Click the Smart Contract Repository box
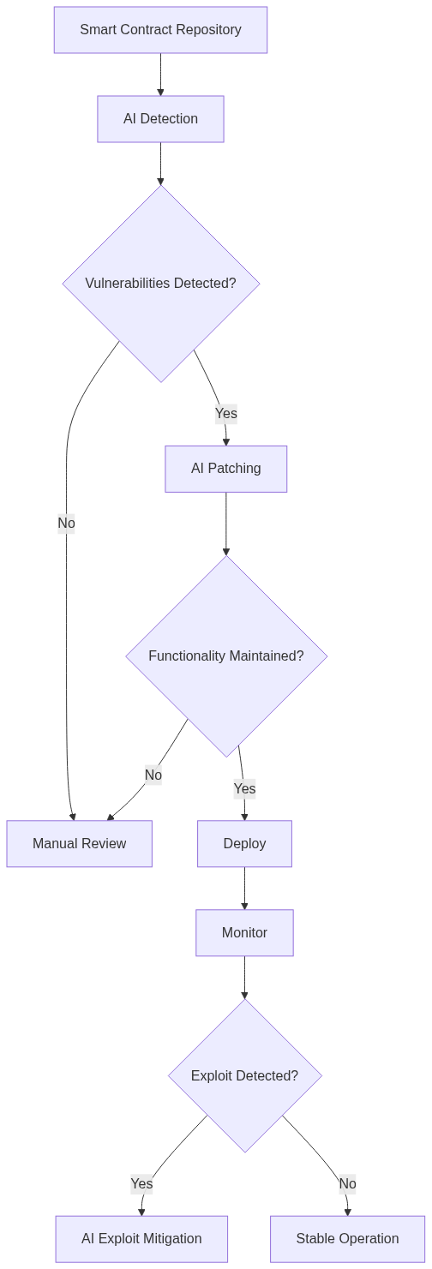coord(160,30)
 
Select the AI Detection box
coord(160,119)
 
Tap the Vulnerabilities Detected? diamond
coord(160,283)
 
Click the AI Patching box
coord(225,469)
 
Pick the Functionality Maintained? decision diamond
coord(225,656)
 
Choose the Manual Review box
coord(79,844)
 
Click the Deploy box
coord(244,844)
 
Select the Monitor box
coord(244,933)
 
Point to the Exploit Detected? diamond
coord(244,1076)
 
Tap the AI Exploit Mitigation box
coord(141,1239)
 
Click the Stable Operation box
coord(347,1239)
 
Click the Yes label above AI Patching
coord(225,414)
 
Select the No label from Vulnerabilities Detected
coord(66,523)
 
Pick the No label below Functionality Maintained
coord(153,775)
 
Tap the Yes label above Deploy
coord(244,788)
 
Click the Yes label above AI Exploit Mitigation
coord(141,1184)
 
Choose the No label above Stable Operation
coord(347,1184)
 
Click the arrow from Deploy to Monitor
coord(244,889)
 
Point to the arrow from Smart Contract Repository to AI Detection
coord(160,75)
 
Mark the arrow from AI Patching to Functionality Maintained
coord(225,524)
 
